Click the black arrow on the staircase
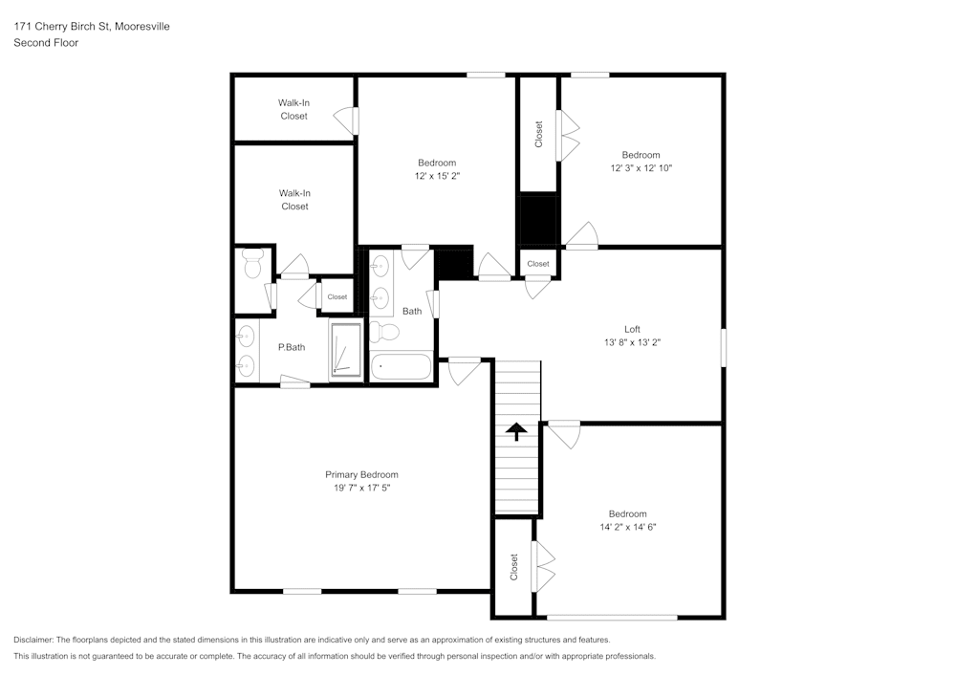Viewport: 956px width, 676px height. click(x=516, y=431)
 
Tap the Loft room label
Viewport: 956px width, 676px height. click(x=632, y=329)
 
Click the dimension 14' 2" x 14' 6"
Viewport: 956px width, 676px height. click(x=627, y=527)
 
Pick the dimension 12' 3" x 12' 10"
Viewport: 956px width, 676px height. click(x=641, y=168)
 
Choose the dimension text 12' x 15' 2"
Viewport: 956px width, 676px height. click(x=437, y=176)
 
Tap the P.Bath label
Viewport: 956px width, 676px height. click(x=291, y=347)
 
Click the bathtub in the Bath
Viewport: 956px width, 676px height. click(x=400, y=367)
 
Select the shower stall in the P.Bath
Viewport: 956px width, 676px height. click(x=346, y=352)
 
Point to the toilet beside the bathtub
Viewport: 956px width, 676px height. click(x=385, y=333)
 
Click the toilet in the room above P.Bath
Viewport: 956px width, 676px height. click(x=252, y=264)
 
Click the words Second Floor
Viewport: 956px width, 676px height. click(x=46, y=43)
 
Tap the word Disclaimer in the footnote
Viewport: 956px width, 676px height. click(x=35, y=640)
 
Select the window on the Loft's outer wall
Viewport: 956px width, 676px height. click(x=723, y=346)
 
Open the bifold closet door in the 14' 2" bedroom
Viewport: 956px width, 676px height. click(x=543, y=566)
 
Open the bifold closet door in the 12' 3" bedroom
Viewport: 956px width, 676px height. click(x=569, y=136)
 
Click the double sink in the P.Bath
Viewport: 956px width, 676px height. click(x=246, y=350)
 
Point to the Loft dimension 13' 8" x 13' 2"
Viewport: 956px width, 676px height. click(x=632, y=342)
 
